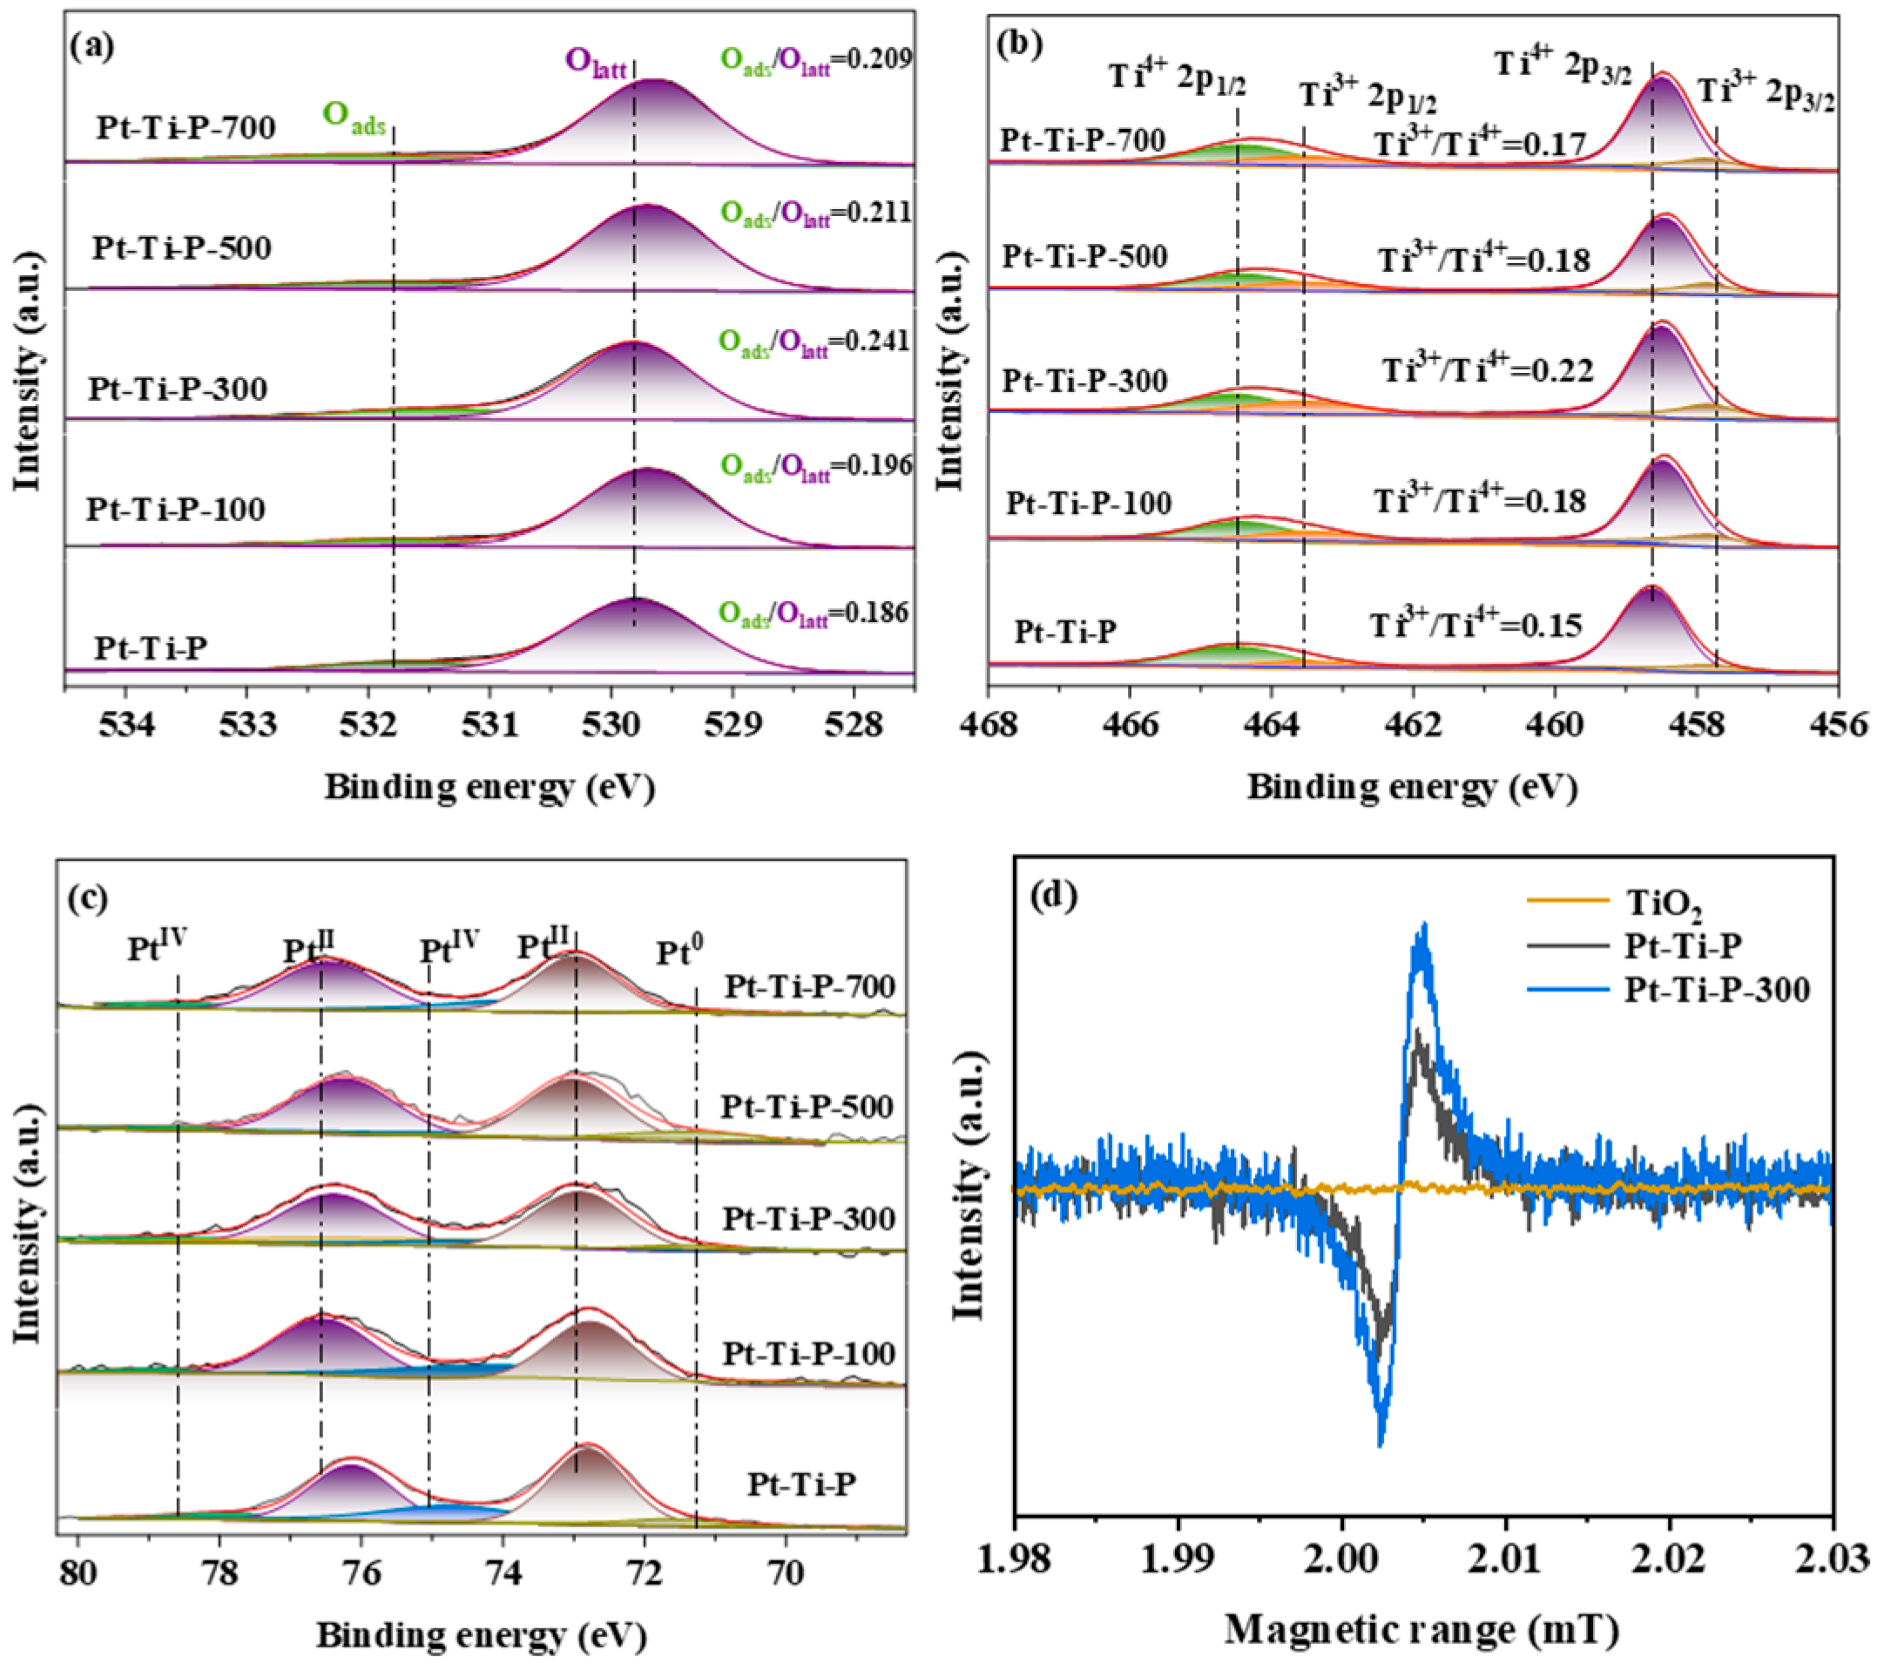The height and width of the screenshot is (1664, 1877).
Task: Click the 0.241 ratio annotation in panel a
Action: point(814,342)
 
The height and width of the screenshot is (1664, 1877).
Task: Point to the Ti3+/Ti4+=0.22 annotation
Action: point(1487,369)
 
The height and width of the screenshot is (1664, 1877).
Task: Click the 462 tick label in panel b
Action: point(1413,726)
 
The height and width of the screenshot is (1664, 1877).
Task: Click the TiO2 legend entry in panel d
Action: point(1663,903)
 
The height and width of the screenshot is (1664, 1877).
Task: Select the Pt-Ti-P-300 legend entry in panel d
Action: point(1715,990)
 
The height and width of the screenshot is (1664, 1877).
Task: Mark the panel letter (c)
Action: point(88,898)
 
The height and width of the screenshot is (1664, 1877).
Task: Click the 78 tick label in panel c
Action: point(219,1573)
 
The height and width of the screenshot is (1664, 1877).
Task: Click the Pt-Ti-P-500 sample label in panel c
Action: point(807,1107)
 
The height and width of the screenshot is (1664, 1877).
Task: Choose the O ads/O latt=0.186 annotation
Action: point(814,613)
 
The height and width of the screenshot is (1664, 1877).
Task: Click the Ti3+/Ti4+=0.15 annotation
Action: point(1475,626)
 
